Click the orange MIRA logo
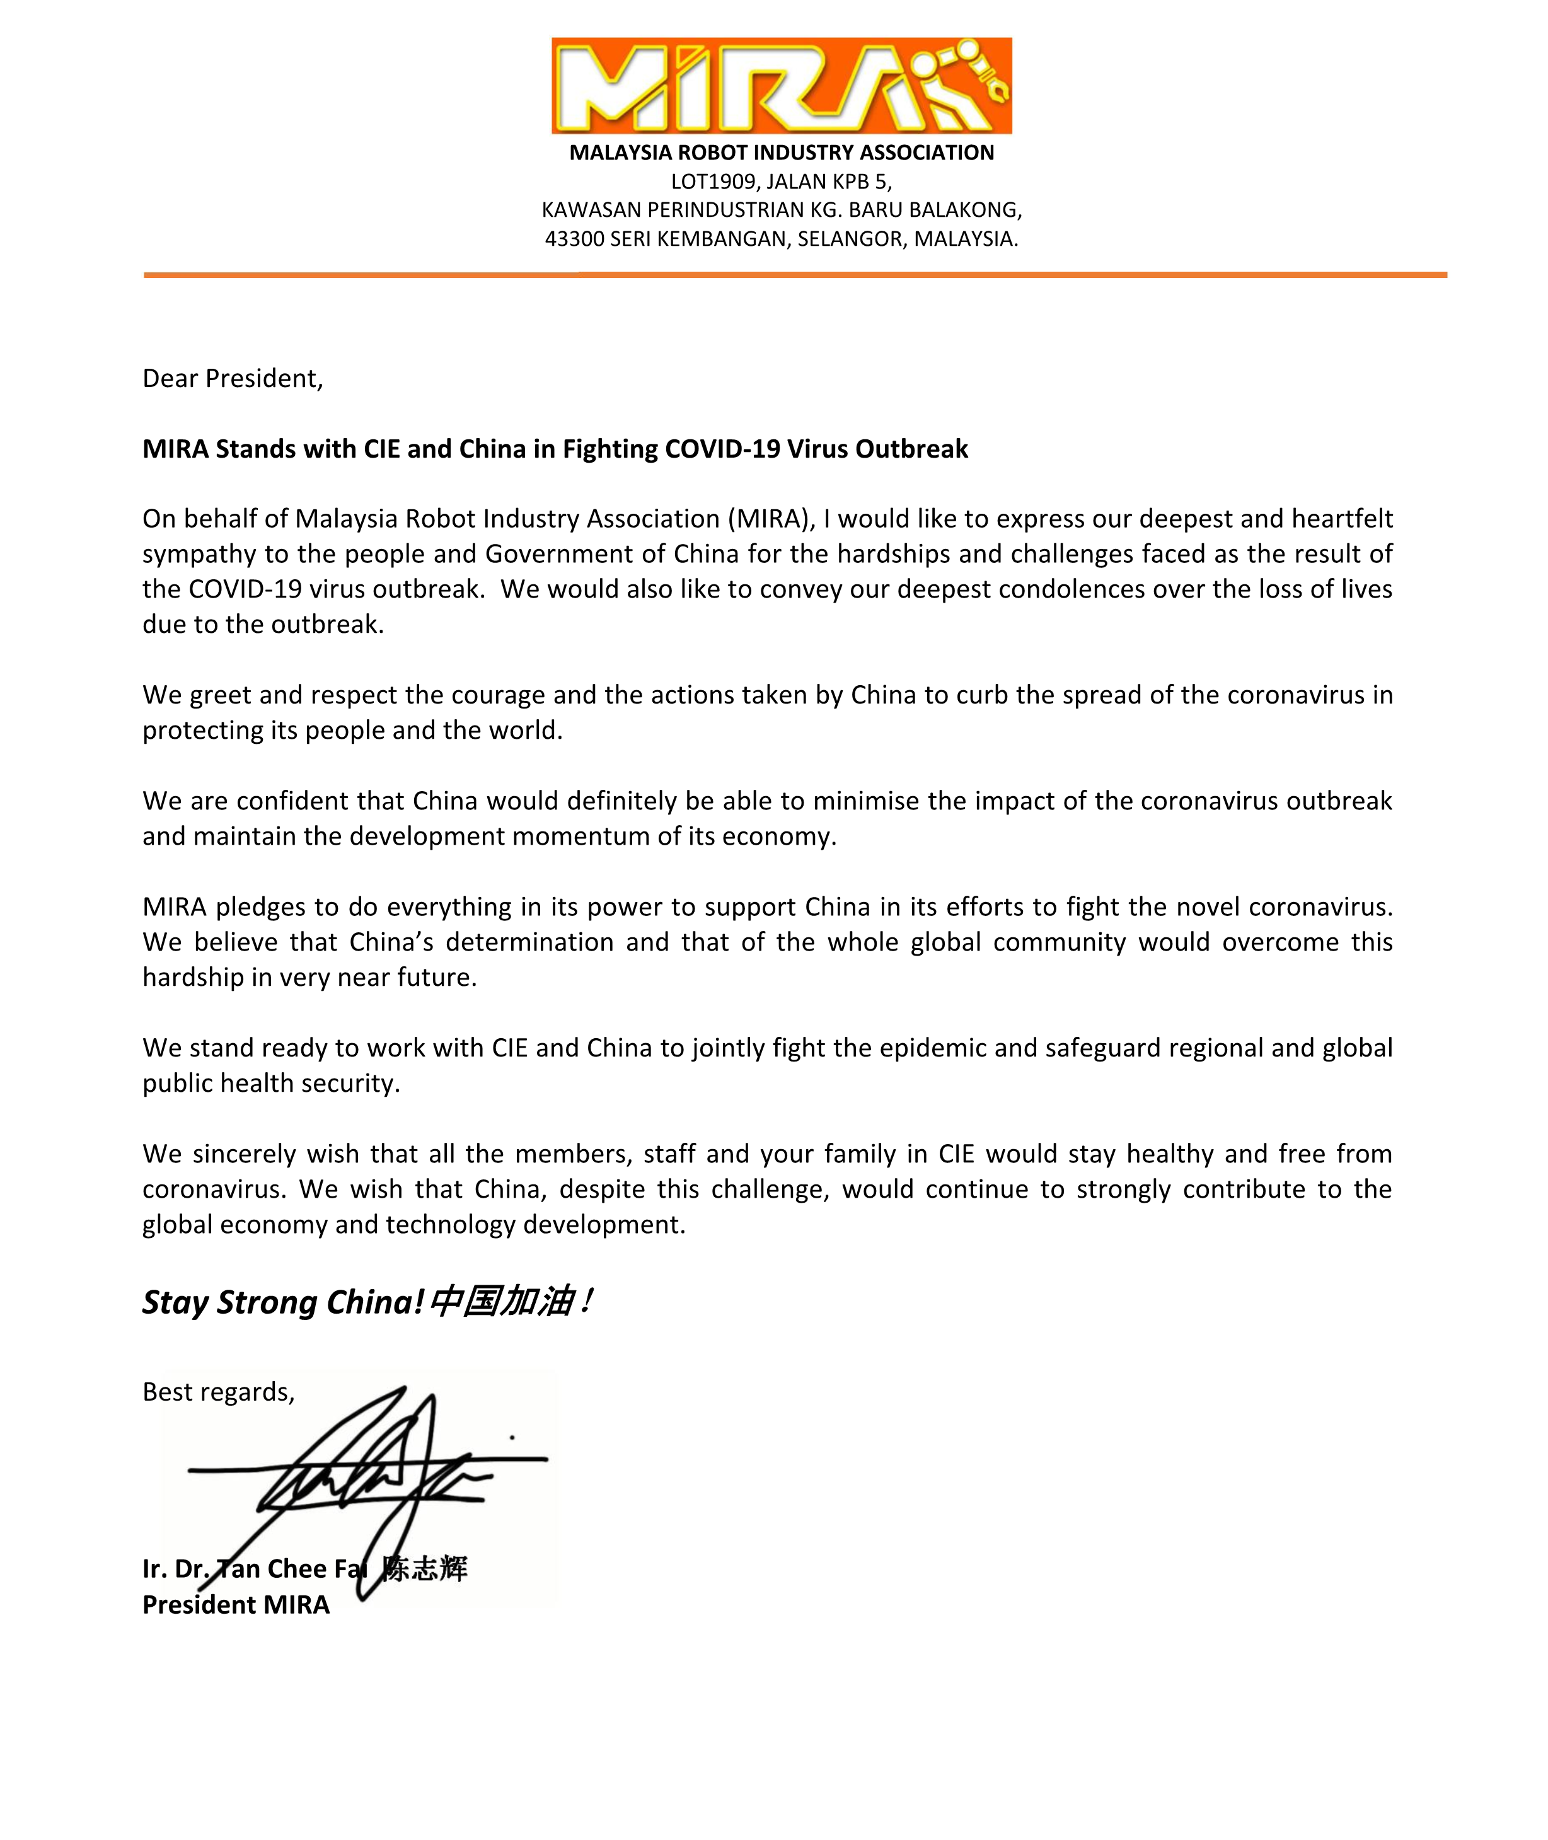[781, 85]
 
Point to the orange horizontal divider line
[794, 275]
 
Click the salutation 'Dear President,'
[233, 378]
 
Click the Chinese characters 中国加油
[502, 1301]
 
